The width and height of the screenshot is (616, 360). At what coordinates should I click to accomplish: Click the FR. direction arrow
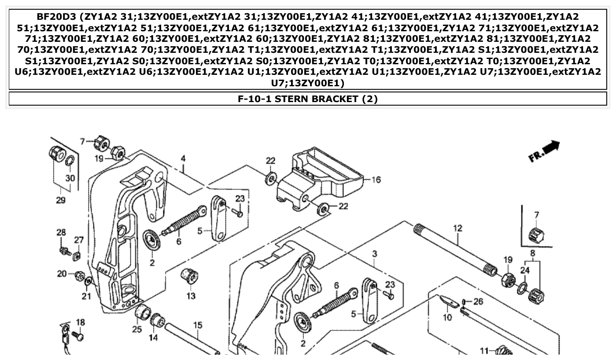[x=544, y=151]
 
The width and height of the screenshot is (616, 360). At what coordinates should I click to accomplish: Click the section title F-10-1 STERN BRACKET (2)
[x=308, y=99]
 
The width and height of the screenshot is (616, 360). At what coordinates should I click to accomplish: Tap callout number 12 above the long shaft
[x=458, y=228]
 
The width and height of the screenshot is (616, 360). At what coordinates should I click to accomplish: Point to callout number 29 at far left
[x=61, y=200]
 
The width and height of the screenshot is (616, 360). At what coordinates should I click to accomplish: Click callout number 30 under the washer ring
[x=70, y=178]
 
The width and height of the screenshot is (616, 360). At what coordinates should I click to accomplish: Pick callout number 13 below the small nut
[x=191, y=296]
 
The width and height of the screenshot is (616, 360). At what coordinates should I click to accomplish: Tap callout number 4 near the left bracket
[x=183, y=158]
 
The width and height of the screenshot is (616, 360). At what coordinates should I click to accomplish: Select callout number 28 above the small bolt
[x=61, y=232]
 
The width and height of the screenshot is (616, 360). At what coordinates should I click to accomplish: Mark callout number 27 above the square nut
[x=78, y=240]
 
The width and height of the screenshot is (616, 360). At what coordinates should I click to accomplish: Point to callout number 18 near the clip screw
[x=80, y=322]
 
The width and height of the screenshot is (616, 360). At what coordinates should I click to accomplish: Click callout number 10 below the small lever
[x=447, y=317]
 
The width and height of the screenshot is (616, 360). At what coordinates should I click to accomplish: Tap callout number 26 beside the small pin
[x=478, y=301]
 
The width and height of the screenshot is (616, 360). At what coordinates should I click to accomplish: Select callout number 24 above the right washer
[x=525, y=270]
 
